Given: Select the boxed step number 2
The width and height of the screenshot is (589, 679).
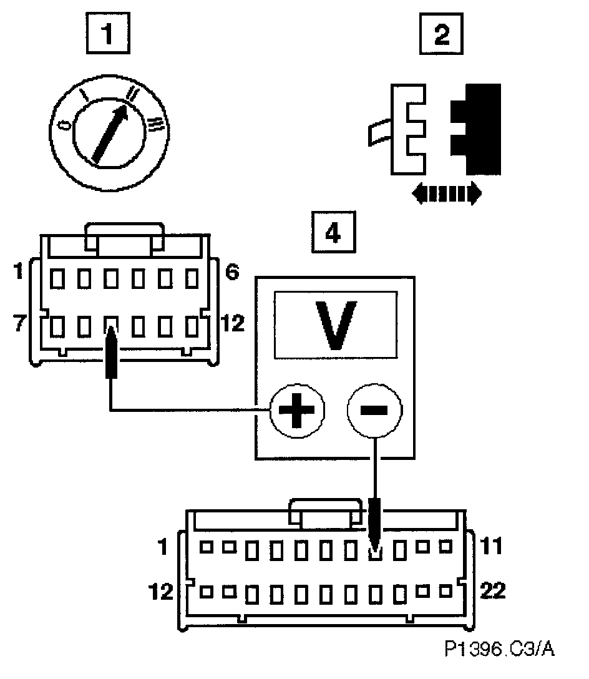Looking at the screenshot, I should coord(441,34).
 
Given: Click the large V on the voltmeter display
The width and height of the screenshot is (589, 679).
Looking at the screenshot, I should coord(335,325).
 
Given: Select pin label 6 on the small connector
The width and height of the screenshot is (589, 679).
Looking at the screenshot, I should coord(230,273).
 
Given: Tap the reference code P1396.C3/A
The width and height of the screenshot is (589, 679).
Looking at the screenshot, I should coord(499,650).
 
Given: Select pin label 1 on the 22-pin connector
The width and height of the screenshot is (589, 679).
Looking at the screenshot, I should coord(163,547).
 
